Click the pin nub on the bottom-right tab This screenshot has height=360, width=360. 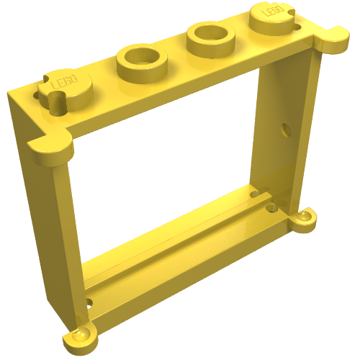click(x=307, y=214)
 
